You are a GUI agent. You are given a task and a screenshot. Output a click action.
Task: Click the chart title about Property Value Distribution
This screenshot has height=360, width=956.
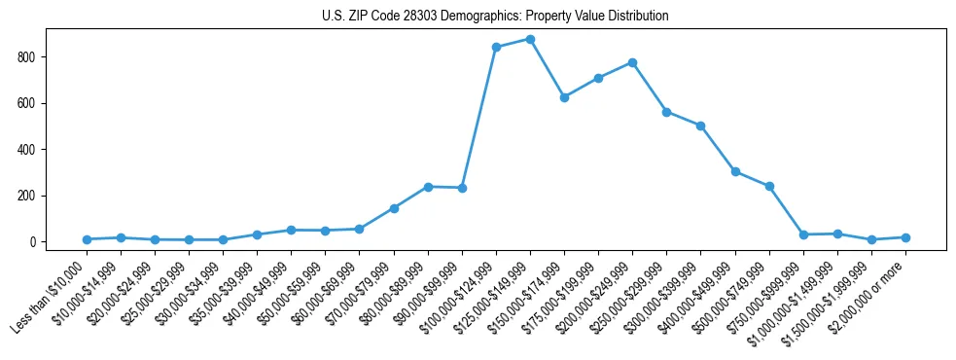point(495,17)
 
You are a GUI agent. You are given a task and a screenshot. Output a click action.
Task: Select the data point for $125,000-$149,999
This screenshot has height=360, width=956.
point(530,39)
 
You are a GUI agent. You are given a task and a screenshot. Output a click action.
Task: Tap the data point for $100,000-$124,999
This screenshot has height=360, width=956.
point(496,47)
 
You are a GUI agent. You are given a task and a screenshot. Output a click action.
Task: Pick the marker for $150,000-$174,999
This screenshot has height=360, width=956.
point(564,97)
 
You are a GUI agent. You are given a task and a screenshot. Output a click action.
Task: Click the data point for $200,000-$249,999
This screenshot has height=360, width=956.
point(632,62)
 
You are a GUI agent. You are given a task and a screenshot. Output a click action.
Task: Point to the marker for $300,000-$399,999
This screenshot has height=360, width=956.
point(700,126)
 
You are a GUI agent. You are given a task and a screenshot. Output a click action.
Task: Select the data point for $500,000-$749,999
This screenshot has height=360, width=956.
point(769,186)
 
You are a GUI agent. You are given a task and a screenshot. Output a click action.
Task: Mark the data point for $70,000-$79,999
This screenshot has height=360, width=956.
point(394,208)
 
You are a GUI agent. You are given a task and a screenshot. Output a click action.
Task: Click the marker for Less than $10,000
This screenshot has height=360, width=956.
point(87,239)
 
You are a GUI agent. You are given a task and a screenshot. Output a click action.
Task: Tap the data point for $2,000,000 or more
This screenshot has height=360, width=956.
point(905,237)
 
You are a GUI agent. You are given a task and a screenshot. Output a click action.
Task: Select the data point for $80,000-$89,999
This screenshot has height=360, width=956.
point(428,187)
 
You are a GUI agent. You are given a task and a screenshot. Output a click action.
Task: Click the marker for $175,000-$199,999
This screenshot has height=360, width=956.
point(598,78)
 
